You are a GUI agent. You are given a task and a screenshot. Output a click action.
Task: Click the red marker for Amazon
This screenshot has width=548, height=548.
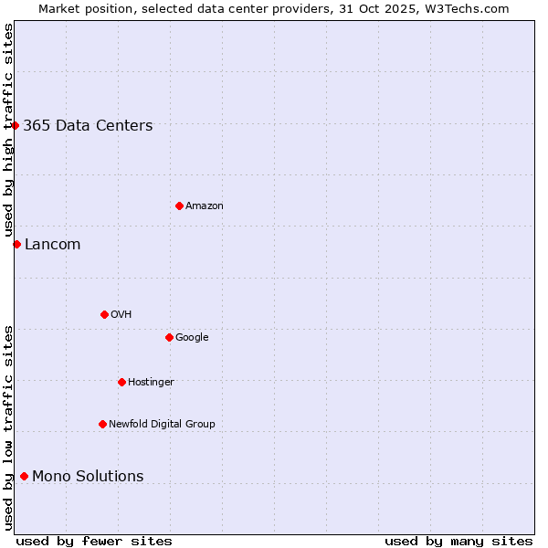click(x=179, y=205)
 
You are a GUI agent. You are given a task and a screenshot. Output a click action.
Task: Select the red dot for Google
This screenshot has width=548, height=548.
click(x=169, y=337)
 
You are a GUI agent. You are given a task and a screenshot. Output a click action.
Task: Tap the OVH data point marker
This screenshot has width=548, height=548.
click(x=104, y=314)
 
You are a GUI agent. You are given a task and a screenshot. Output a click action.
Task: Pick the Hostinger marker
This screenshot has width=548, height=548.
click(x=121, y=382)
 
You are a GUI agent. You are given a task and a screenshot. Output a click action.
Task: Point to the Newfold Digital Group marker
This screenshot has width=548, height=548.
click(x=102, y=424)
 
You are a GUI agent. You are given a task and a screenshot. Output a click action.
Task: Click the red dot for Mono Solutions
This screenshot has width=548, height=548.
click(x=24, y=476)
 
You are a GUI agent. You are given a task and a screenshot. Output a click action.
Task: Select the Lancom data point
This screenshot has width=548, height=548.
click(x=16, y=244)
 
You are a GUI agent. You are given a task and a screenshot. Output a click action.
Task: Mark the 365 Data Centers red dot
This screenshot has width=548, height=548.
click(x=16, y=125)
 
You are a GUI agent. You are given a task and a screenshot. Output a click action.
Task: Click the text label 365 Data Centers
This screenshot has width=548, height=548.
click(x=88, y=126)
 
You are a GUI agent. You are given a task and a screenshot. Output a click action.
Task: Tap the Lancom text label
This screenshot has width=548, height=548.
click(x=52, y=245)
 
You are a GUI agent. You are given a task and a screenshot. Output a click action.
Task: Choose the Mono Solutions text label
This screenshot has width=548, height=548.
click(x=88, y=477)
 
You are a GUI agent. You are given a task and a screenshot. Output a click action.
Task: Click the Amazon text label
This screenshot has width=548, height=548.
click(x=205, y=206)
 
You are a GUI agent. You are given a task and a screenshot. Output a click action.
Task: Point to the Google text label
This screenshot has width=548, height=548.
click(x=192, y=338)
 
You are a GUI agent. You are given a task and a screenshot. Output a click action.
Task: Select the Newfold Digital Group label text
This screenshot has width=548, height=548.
click(x=162, y=425)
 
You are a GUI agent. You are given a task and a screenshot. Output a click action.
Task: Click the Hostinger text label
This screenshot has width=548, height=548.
click(x=151, y=383)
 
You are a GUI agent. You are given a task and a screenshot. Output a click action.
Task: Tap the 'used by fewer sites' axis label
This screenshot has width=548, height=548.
click(x=94, y=541)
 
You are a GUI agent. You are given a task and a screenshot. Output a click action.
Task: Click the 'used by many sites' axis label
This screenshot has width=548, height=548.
click(x=458, y=541)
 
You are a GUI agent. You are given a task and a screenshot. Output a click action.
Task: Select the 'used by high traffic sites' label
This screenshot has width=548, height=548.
click(x=9, y=130)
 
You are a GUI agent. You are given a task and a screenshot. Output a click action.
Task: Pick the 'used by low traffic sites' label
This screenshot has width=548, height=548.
click(x=9, y=427)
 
